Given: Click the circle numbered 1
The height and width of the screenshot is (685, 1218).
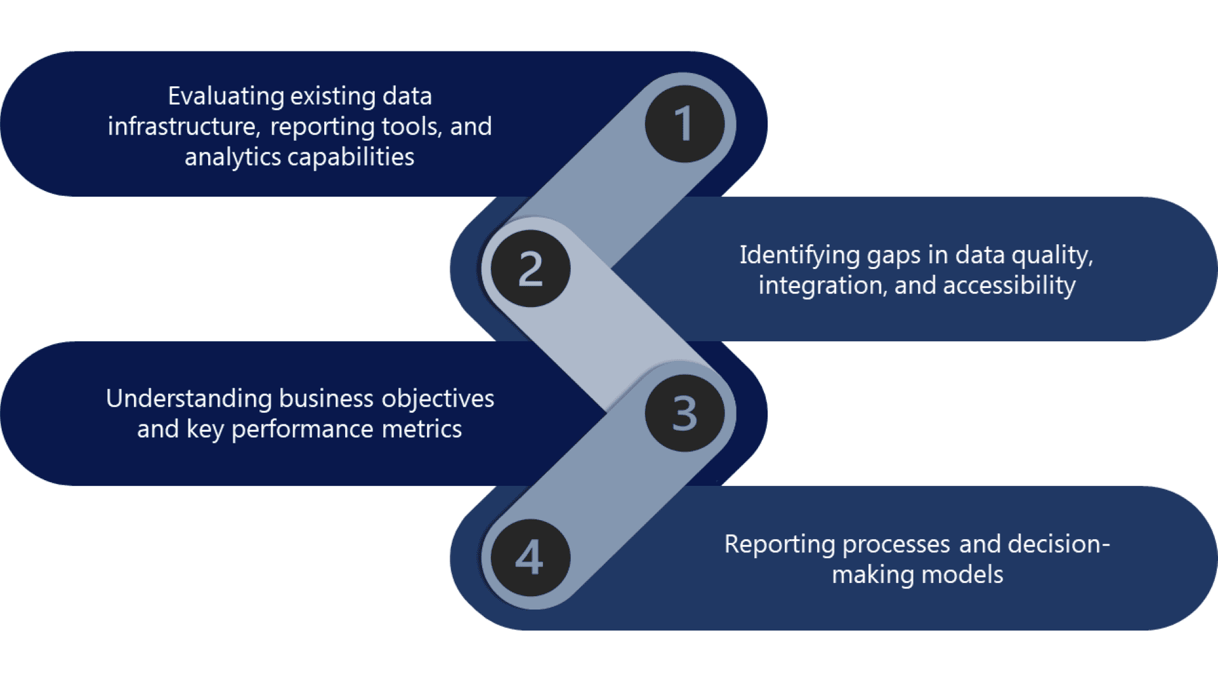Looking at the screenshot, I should (x=684, y=124).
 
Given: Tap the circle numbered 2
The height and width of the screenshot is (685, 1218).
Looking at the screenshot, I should (x=531, y=268).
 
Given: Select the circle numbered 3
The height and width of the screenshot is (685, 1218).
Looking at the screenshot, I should (x=684, y=413).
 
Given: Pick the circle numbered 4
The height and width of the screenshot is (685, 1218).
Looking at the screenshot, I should (x=531, y=558).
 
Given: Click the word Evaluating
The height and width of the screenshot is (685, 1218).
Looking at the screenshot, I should (x=226, y=96).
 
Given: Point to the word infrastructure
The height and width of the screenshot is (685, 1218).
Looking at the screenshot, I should (x=183, y=126).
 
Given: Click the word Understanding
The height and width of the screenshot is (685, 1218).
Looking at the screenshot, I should (x=188, y=398).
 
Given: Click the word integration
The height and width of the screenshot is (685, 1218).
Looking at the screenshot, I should (x=821, y=285).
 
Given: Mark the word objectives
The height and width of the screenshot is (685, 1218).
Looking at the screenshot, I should (x=438, y=398).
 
